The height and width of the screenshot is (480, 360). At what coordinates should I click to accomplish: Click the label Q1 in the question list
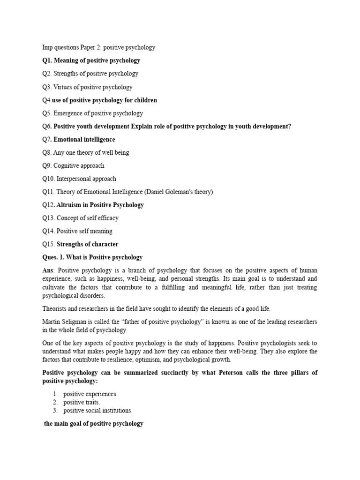pos(46,60)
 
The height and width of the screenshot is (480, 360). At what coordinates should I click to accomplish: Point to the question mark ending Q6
pos(289,126)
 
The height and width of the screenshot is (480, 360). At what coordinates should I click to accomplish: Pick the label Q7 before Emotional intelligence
pos(46,139)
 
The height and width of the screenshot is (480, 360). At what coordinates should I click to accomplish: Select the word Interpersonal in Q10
pos(75,179)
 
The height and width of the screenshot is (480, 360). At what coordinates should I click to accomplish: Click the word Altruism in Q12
pos(69,205)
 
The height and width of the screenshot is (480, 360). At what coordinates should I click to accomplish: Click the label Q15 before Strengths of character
pos(48,244)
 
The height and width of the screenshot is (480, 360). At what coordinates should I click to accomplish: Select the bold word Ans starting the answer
pos(48,270)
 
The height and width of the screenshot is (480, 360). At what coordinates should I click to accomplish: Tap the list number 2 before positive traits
pos(55,402)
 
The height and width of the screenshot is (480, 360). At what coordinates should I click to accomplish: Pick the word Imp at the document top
pos(48,47)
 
